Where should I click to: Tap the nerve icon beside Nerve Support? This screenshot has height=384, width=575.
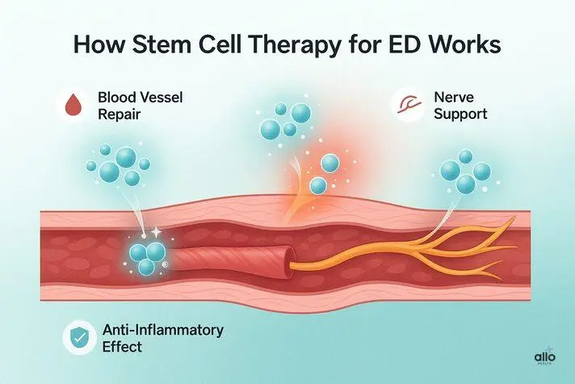(403, 104)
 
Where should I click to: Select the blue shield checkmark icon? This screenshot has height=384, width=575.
(79, 339)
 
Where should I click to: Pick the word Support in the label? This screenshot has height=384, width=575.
(460, 114)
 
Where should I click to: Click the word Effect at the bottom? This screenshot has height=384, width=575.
(124, 348)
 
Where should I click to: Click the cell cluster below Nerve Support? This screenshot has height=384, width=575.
(464, 171)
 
